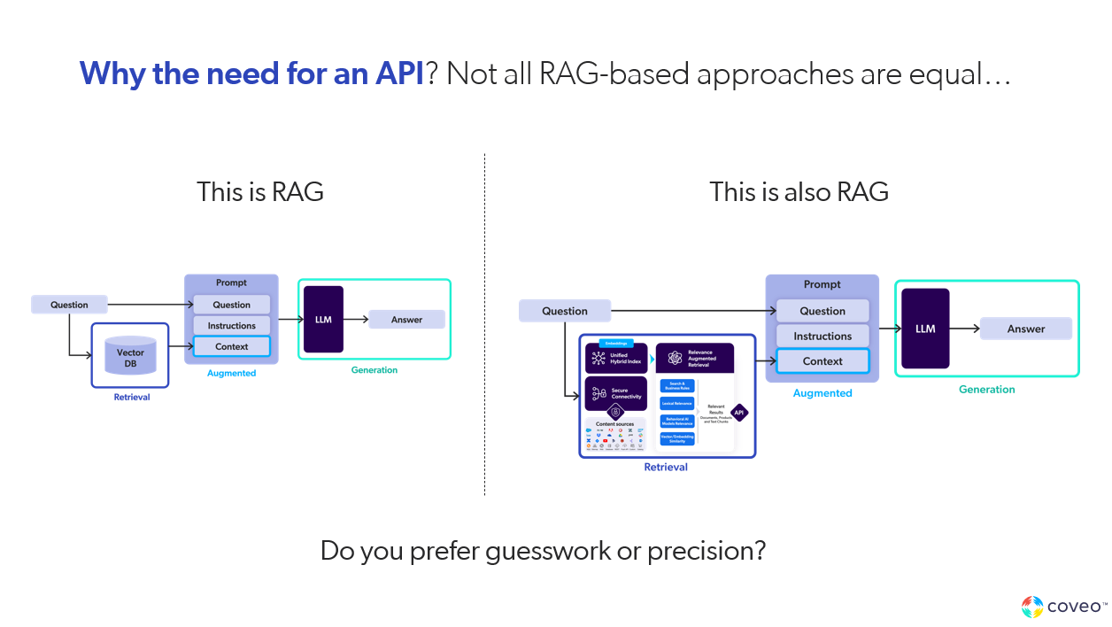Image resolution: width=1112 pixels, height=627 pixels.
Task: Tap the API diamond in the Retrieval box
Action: coord(738,412)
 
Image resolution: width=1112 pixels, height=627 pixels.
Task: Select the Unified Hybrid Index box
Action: coord(616,358)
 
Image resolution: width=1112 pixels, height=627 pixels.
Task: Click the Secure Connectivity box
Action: coord(616,392)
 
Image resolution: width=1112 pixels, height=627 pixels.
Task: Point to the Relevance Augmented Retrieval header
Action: coord(695,358)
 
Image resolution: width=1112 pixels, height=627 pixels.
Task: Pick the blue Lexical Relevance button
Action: coord(677,403)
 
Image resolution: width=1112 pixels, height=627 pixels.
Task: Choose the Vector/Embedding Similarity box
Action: coord(677,438)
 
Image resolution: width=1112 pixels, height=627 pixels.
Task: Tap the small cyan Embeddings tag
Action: coord(616,343)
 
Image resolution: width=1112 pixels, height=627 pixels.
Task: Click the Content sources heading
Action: coord(615,424)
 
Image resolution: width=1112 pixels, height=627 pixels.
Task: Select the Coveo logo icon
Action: coord(1031,607)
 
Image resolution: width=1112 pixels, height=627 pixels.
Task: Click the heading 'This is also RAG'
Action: coord(799,191)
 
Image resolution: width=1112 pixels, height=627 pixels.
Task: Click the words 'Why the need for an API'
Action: coord(251,74)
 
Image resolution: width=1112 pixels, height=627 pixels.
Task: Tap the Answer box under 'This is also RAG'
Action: coord(1025,329)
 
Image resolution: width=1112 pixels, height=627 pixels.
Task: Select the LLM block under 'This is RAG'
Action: coord(323,320)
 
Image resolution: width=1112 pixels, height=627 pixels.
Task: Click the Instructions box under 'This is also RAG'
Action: coord(822,337)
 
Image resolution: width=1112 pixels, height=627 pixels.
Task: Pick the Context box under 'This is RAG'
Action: coord(232,346)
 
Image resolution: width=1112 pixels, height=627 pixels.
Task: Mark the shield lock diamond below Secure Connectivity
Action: coord(616,412)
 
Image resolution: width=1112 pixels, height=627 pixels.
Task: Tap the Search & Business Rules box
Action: coord(677,385)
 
